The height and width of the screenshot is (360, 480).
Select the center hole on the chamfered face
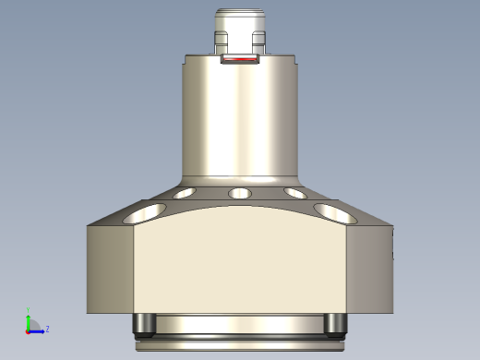point(240,194)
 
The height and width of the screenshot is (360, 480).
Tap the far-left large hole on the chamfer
point(144,213)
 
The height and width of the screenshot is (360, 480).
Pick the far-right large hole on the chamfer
point(336,213)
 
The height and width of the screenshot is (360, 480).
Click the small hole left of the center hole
point(185,194)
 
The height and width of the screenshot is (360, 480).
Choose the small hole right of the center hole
point(295,194)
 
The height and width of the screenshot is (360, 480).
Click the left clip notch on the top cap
point(221,41)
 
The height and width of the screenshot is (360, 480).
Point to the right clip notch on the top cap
point(259,41)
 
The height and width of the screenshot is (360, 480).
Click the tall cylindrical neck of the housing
point(240,120)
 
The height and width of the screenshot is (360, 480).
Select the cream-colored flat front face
point(240,263)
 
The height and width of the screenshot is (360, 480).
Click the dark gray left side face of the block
point(111,268)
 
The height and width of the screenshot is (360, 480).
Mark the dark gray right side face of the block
point(369,268)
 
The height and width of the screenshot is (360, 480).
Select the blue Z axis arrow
point(39,329)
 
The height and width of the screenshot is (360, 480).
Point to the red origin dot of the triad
point(28,329)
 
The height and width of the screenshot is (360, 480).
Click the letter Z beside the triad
point(47,328)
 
